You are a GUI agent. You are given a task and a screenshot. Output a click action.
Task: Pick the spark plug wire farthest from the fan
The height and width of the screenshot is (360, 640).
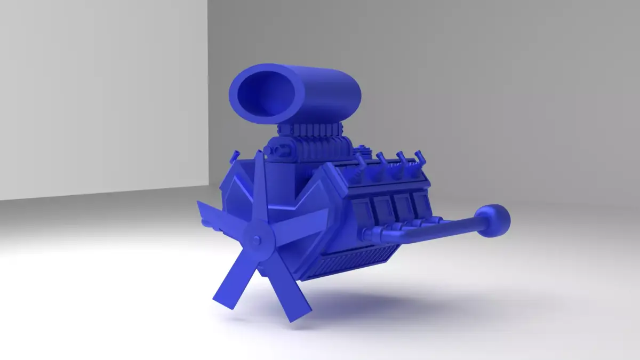(x=421, y=157)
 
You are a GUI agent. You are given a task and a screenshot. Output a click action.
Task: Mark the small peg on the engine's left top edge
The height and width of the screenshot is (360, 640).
(x=233, y=157)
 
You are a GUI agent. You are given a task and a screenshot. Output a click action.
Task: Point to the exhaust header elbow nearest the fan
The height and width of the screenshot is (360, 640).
(x=373, y=234)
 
